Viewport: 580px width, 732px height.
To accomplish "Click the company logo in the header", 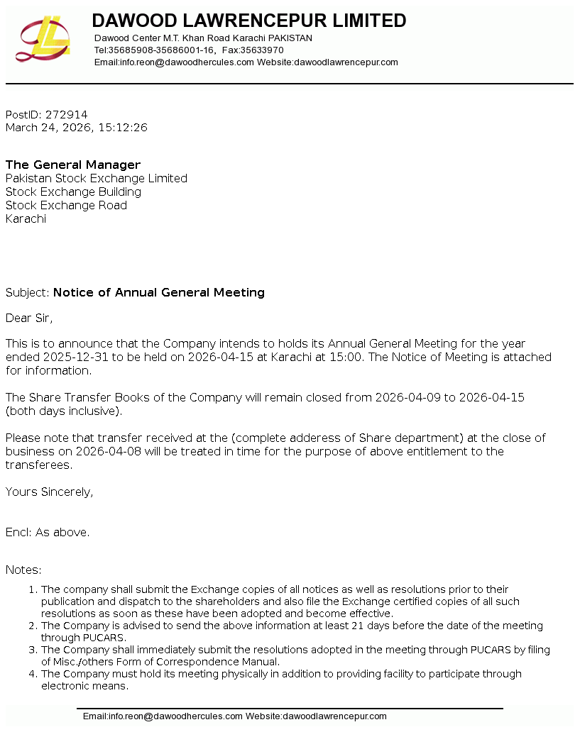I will point(43,38).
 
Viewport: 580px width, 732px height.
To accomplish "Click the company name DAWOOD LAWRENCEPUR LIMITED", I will point(249,21).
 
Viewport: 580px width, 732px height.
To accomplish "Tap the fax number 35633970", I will point(262,50).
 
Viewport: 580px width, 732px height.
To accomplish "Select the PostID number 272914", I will point(66,114).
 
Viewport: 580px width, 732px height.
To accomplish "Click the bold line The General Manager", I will point(73,165).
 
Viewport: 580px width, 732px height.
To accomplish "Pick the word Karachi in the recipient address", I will point(26,218).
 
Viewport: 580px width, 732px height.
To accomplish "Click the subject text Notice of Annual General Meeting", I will point(158,292).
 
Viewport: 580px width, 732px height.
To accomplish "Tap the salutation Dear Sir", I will point(29,318).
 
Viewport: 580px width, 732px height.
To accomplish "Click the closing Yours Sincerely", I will point(49,492).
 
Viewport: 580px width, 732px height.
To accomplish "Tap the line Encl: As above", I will point(48,532).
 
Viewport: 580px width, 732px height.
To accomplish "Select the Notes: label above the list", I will point(23,570).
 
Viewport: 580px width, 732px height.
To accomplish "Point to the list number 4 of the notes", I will point(31,674).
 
